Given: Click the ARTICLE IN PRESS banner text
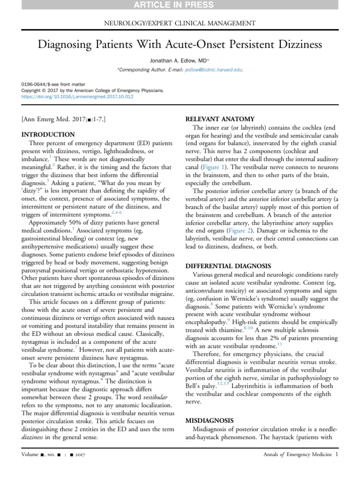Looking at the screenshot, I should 180,5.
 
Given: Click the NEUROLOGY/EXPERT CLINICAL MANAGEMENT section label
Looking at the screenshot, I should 180,23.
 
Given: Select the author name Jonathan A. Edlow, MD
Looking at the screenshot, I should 176,61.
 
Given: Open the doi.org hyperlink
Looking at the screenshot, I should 77,97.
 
